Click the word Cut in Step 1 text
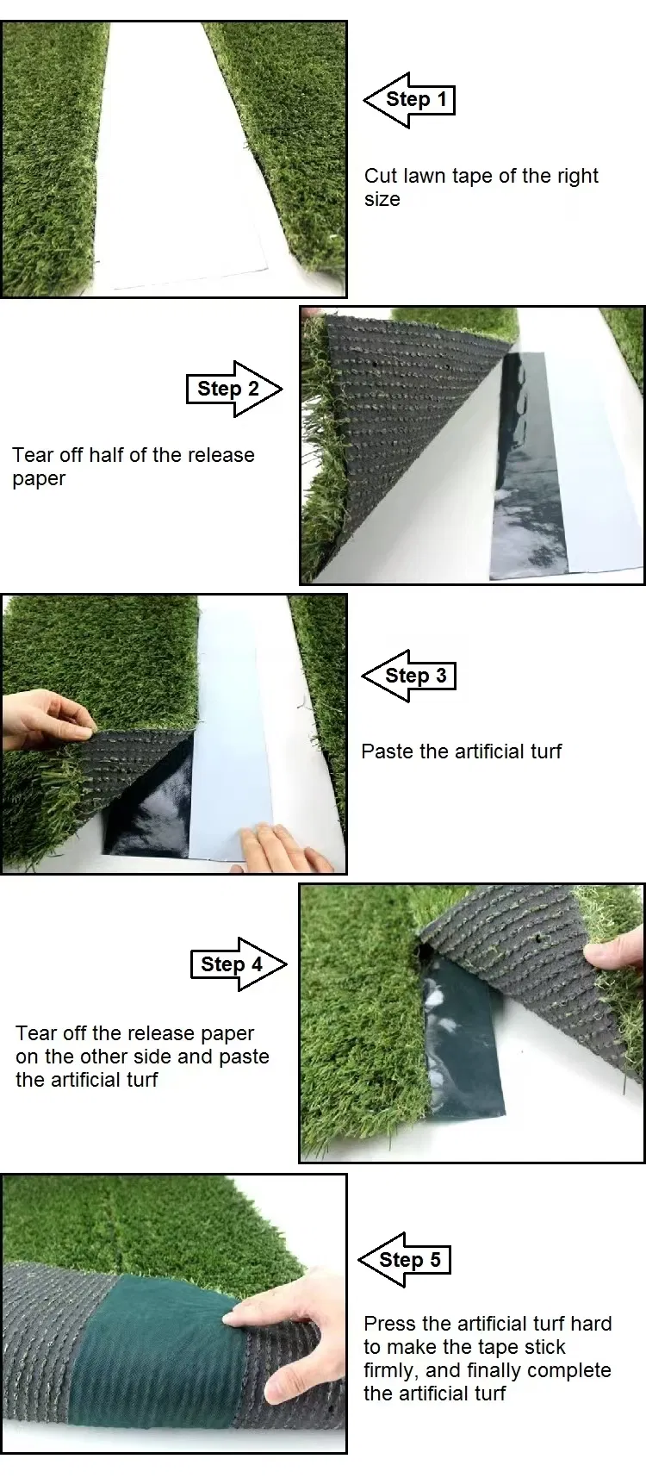click(x=380, y=176)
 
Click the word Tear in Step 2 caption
click(x=32, y=455)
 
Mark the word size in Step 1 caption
click(x=382, y=200)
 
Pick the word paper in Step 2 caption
click(x=39, y=479)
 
